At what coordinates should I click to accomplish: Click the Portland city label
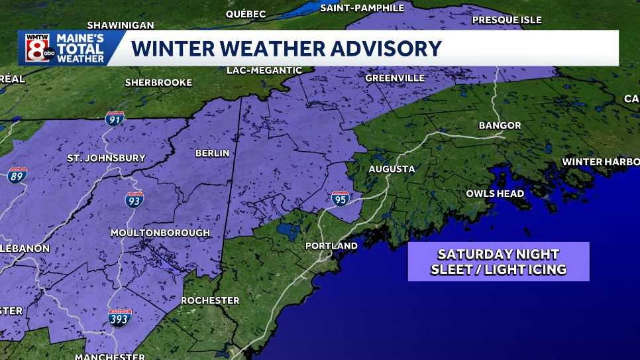(x=331, y=246)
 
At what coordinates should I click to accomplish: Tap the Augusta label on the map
(x=392, y=169)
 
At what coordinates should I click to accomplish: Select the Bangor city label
(x=500, y=125)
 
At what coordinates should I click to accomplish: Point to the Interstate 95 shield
(x=341, y=197)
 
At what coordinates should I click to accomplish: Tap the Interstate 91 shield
(x=115, y=120)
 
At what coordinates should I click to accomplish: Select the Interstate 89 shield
(x=17, y=175)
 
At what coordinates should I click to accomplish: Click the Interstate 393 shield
(x=120, y=317)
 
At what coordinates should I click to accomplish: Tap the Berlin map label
(x=212, y=153)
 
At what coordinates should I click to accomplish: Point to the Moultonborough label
(x=160, y=233)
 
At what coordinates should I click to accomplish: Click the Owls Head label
(x=495, y=194)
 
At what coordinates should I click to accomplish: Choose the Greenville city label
(x=395, y=78)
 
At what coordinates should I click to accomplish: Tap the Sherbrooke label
(x=158, y=83)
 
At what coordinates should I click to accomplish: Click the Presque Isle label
(x=507, y=20)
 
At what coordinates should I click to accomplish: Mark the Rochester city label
(x=210, y=300)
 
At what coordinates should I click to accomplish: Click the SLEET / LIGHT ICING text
(x=498, y=269)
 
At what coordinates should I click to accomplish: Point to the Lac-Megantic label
(x=264, y=70)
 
